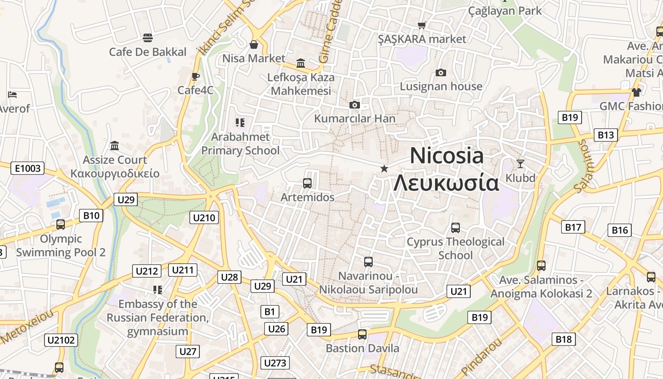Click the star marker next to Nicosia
click(x=384, y=169)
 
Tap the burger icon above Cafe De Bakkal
click(x=148, y=38)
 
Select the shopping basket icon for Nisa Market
click(x=254, y=45)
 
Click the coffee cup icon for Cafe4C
click(x=196, y=76)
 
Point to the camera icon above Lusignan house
click(x=441, y=72)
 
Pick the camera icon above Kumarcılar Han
click(x=354, y=105)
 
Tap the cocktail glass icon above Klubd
click(x=520, y=164)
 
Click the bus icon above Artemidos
click(x=307, y=183)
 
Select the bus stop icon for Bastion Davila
click(x=362, y=334)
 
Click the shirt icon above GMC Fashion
click(x=636, y=92)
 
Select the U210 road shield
click(x=204, y=218)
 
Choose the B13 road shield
click(x=606, y=135)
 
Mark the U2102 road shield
click(x=61, y=340)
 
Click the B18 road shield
click(x=564, y=339)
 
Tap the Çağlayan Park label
click(x=505, y=10)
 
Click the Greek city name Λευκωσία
click(x=447, y=182)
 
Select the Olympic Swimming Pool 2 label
click(x=61, y=245)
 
